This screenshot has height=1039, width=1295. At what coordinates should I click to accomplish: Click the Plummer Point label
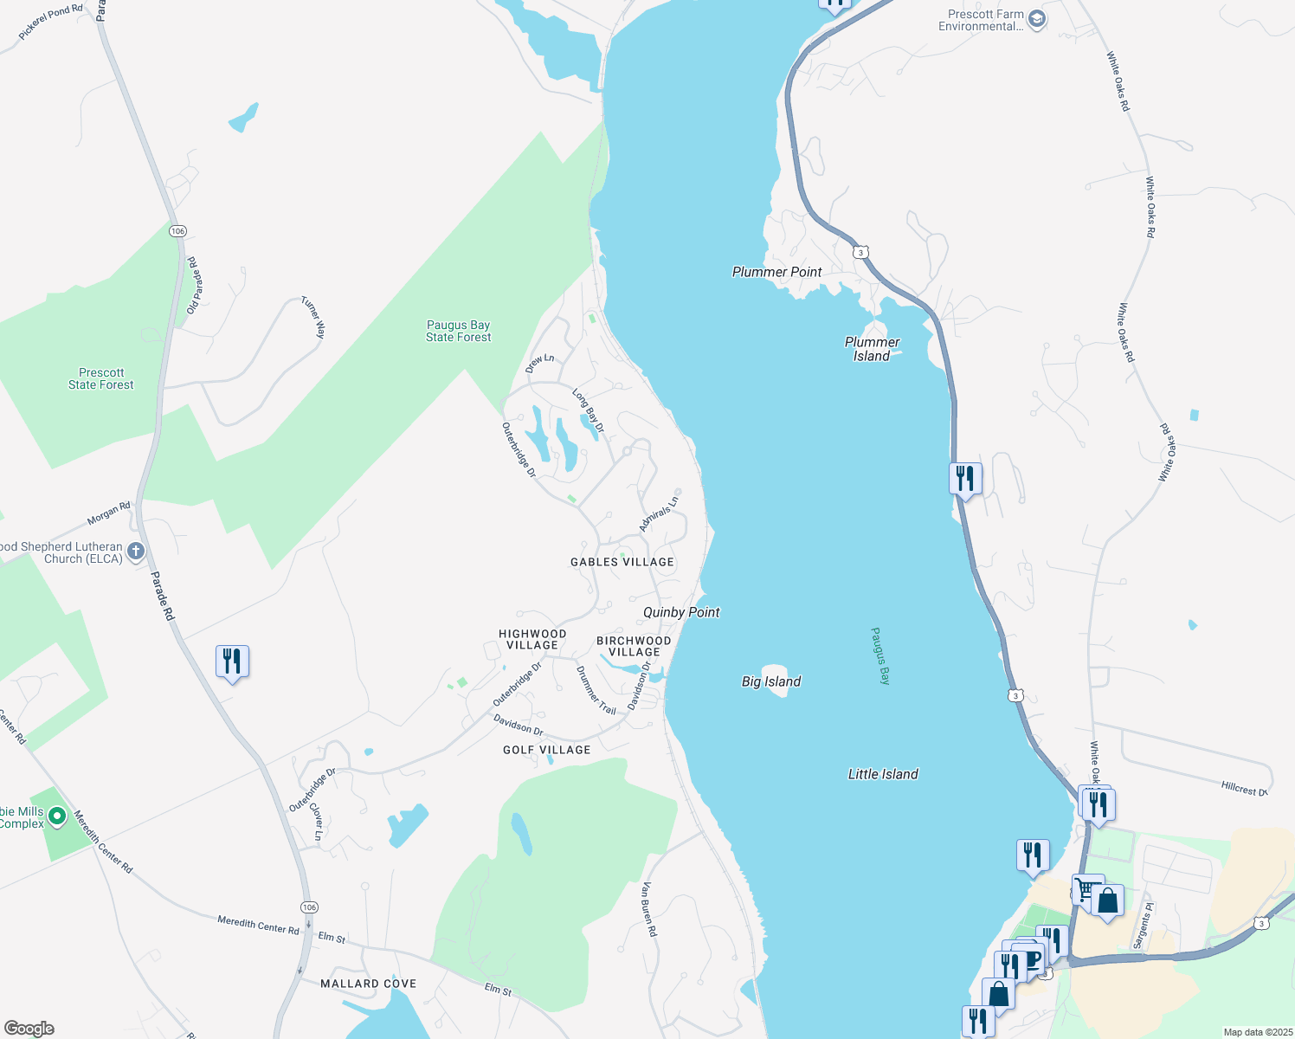tap(776, 272)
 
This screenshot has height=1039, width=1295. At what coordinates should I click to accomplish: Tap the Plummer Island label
tap(872, 349)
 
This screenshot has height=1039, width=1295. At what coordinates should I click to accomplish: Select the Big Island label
tap(771, 681)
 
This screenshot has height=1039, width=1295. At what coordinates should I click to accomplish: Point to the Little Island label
tap(883, 774)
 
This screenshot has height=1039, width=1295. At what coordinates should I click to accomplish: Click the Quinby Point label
tap(681, 612)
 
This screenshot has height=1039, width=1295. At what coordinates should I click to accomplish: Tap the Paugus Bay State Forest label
tap(458, 331)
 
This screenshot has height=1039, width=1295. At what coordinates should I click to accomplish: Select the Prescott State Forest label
tap(101, 378)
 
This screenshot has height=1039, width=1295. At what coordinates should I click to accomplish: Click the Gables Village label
tap(622, 562)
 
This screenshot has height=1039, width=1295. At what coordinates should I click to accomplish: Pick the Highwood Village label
tap(532, 639)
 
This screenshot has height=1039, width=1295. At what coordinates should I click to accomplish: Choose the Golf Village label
tap(546, 750)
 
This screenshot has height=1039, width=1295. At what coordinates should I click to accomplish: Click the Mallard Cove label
tap(368, 984)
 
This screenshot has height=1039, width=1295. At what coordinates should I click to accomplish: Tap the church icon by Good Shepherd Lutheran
tap(136, 551)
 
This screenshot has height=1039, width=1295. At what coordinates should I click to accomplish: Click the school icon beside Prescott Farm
tap(1036, 19)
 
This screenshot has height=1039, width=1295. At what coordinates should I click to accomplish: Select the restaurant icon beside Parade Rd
tap(232, 661)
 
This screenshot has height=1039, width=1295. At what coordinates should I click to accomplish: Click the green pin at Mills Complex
tap(57, 816)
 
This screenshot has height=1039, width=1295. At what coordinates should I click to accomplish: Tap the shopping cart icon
tap(1085, 889)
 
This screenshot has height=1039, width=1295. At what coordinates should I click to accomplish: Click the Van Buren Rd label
tap(648, 909)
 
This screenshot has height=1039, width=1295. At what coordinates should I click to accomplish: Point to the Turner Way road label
tap(313, 317)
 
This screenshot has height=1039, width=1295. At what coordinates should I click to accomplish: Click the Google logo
tap(29, 1029)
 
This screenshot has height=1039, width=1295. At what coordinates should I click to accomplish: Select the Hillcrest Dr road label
tap(1244, 789)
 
